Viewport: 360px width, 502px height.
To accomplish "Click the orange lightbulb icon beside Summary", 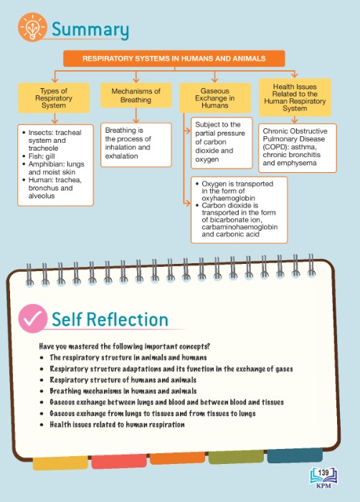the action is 32,27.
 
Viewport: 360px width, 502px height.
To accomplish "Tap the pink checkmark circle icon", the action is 33,318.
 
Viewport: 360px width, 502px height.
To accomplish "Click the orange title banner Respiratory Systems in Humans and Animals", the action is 174,59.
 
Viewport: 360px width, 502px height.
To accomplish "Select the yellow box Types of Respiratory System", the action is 54,98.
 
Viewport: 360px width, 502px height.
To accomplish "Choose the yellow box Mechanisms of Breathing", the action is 136,95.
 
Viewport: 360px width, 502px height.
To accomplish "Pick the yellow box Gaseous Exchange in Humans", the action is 214,98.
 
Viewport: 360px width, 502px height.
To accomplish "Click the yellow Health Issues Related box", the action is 295,98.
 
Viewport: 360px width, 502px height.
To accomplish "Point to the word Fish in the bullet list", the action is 35,156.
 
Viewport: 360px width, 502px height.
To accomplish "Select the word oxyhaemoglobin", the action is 228,198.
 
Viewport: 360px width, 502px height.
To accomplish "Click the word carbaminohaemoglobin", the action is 240,227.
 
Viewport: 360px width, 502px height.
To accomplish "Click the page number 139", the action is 323,473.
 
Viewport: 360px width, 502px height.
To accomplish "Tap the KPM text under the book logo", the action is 323,486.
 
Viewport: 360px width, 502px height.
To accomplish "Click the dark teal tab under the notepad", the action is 295,456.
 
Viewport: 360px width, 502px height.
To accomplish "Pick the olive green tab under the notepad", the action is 236,458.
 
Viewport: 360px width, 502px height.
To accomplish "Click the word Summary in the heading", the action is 90,29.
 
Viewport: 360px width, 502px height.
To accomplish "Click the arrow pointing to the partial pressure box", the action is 187,131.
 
